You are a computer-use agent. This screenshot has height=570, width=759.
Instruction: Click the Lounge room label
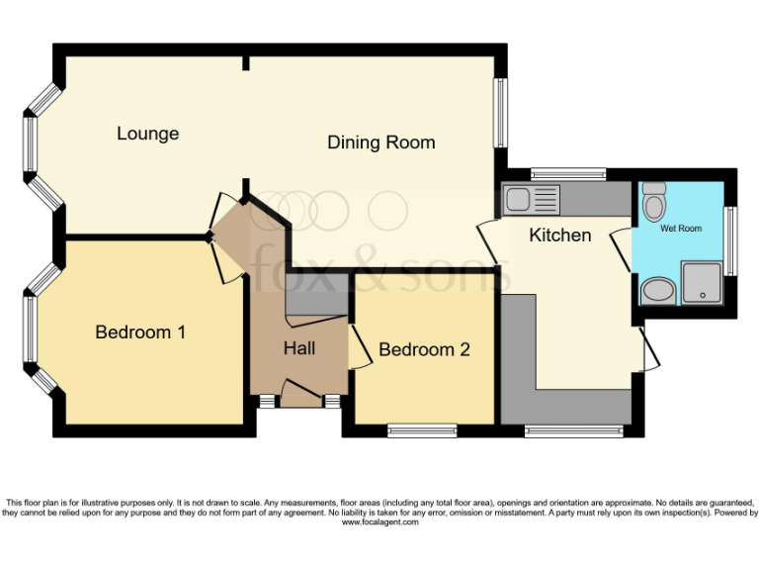147,134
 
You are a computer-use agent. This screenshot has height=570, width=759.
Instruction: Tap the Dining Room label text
380,142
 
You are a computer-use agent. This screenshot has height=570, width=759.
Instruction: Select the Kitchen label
560,235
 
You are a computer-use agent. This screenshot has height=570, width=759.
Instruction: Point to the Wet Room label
681,229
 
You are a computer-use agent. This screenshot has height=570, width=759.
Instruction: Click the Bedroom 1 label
140,332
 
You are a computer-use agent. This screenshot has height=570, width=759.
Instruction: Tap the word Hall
299,348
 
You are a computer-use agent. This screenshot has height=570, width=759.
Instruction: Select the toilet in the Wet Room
653,204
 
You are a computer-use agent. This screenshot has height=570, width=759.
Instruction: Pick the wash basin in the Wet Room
655,291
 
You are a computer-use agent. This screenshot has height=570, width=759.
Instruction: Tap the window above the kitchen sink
568,174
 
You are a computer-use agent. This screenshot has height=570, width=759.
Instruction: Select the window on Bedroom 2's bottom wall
422,429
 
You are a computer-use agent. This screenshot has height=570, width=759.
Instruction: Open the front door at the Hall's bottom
301,391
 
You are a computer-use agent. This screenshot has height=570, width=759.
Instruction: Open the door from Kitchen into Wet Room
619,251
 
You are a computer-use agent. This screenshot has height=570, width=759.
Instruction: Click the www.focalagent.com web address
379,522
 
